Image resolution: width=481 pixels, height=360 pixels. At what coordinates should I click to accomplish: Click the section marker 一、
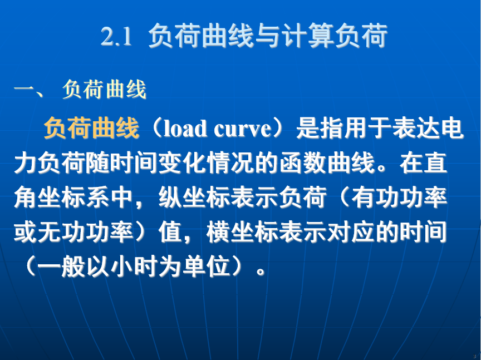[x=28, y=90]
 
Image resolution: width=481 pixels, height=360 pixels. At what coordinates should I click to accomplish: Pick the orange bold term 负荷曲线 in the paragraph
[x=91, y=128]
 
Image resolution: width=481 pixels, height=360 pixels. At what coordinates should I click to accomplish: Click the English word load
[x=185, y=128]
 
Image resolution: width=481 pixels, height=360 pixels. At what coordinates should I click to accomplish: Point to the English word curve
[x=242, y=129]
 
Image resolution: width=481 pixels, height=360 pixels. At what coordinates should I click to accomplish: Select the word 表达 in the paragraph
[x=415, y=128]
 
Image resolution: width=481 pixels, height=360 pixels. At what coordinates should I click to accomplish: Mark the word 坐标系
[x=74, y=197]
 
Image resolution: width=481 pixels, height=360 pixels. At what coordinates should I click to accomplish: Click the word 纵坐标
[x=194, y=197]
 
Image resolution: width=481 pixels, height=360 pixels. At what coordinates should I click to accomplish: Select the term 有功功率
[x=399, y=197]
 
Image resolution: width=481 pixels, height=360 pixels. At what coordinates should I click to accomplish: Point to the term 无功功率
[x=86, y=232]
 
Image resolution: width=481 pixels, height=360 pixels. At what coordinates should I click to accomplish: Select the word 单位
[x=206, y=266]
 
